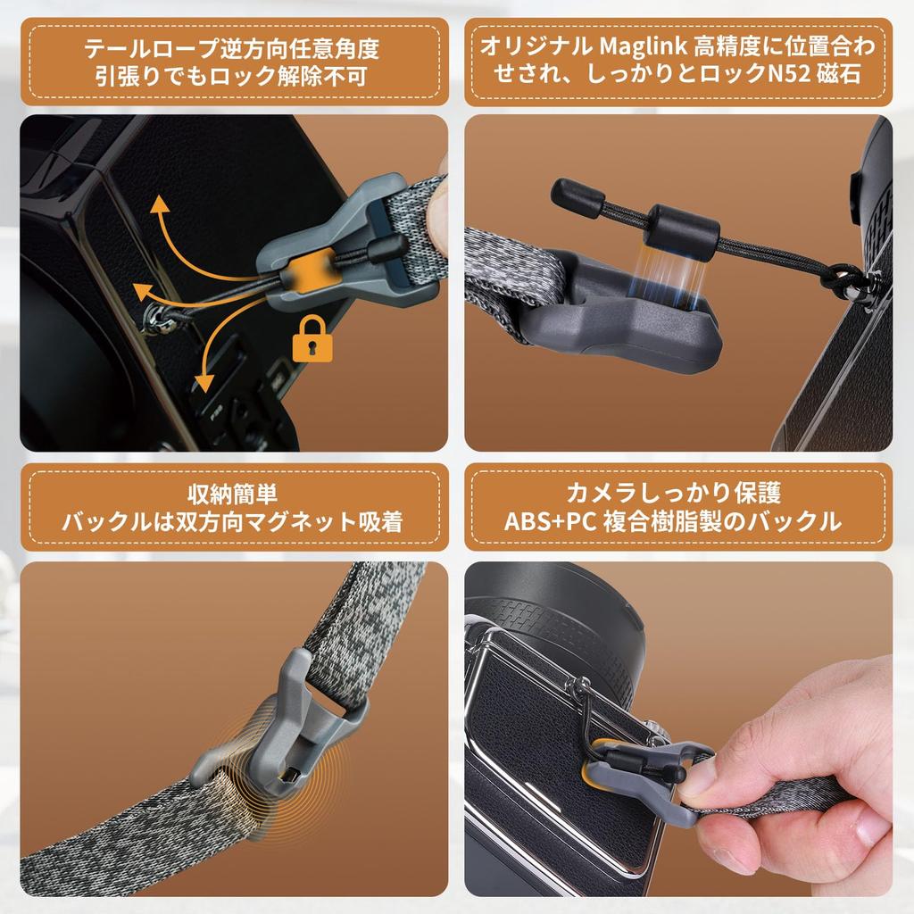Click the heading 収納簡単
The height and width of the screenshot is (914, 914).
point(233,494)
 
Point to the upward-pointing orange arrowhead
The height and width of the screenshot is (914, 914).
point(160,206)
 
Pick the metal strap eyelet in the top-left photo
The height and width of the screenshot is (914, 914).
point(157,317)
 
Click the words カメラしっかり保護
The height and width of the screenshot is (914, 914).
point(673,494)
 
